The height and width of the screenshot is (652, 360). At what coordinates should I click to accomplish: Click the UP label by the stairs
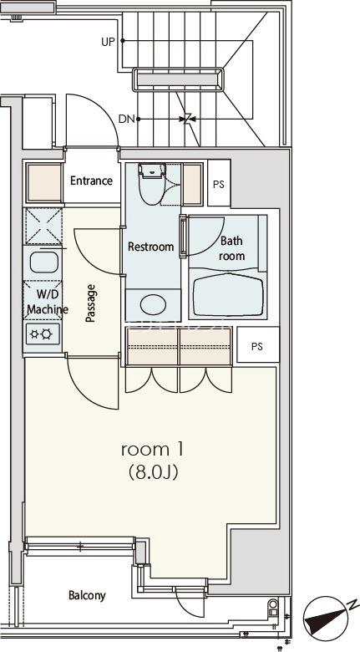pos(108,42)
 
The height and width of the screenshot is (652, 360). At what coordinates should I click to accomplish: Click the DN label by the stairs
pos(127,120)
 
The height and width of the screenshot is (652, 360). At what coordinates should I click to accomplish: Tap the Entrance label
pos(91,181)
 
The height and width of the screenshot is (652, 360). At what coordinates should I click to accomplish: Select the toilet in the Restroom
pos(152,183)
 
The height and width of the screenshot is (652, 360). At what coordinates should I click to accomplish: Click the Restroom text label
pos(150,247)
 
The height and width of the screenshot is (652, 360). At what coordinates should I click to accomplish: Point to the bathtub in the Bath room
pos(229,295)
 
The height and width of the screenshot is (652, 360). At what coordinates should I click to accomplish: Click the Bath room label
pos(231,248)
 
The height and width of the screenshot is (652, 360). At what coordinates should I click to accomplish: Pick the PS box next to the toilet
pos(219,183)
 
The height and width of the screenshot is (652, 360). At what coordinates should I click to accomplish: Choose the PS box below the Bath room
pos(257,345)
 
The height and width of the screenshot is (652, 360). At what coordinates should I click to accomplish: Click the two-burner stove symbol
pos(43,334)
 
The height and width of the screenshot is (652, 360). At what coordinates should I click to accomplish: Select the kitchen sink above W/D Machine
pos(44,262)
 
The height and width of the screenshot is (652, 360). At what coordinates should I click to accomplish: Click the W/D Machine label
pos(47,302)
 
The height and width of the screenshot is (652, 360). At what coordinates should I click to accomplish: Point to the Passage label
pos(90,303)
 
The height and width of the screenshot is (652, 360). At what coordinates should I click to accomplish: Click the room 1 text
pos(152,450)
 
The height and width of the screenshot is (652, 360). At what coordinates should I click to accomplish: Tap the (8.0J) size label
pos(153,472)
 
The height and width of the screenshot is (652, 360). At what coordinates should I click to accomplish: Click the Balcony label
pos(88,595)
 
